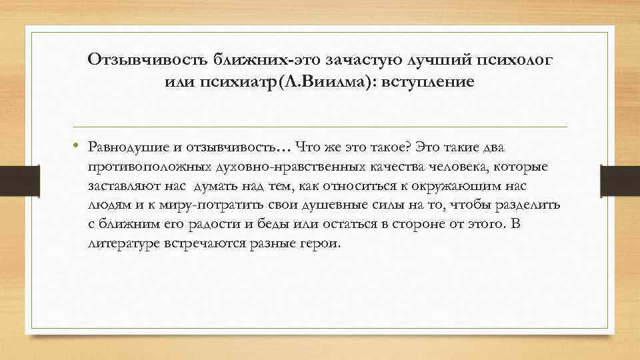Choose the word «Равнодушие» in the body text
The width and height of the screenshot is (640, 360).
[x=127, y=147]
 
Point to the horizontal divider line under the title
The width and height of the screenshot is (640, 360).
[x=320, y=127]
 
